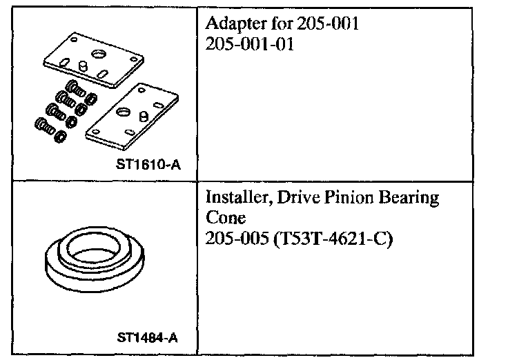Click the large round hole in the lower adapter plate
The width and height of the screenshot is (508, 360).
point(125,110)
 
